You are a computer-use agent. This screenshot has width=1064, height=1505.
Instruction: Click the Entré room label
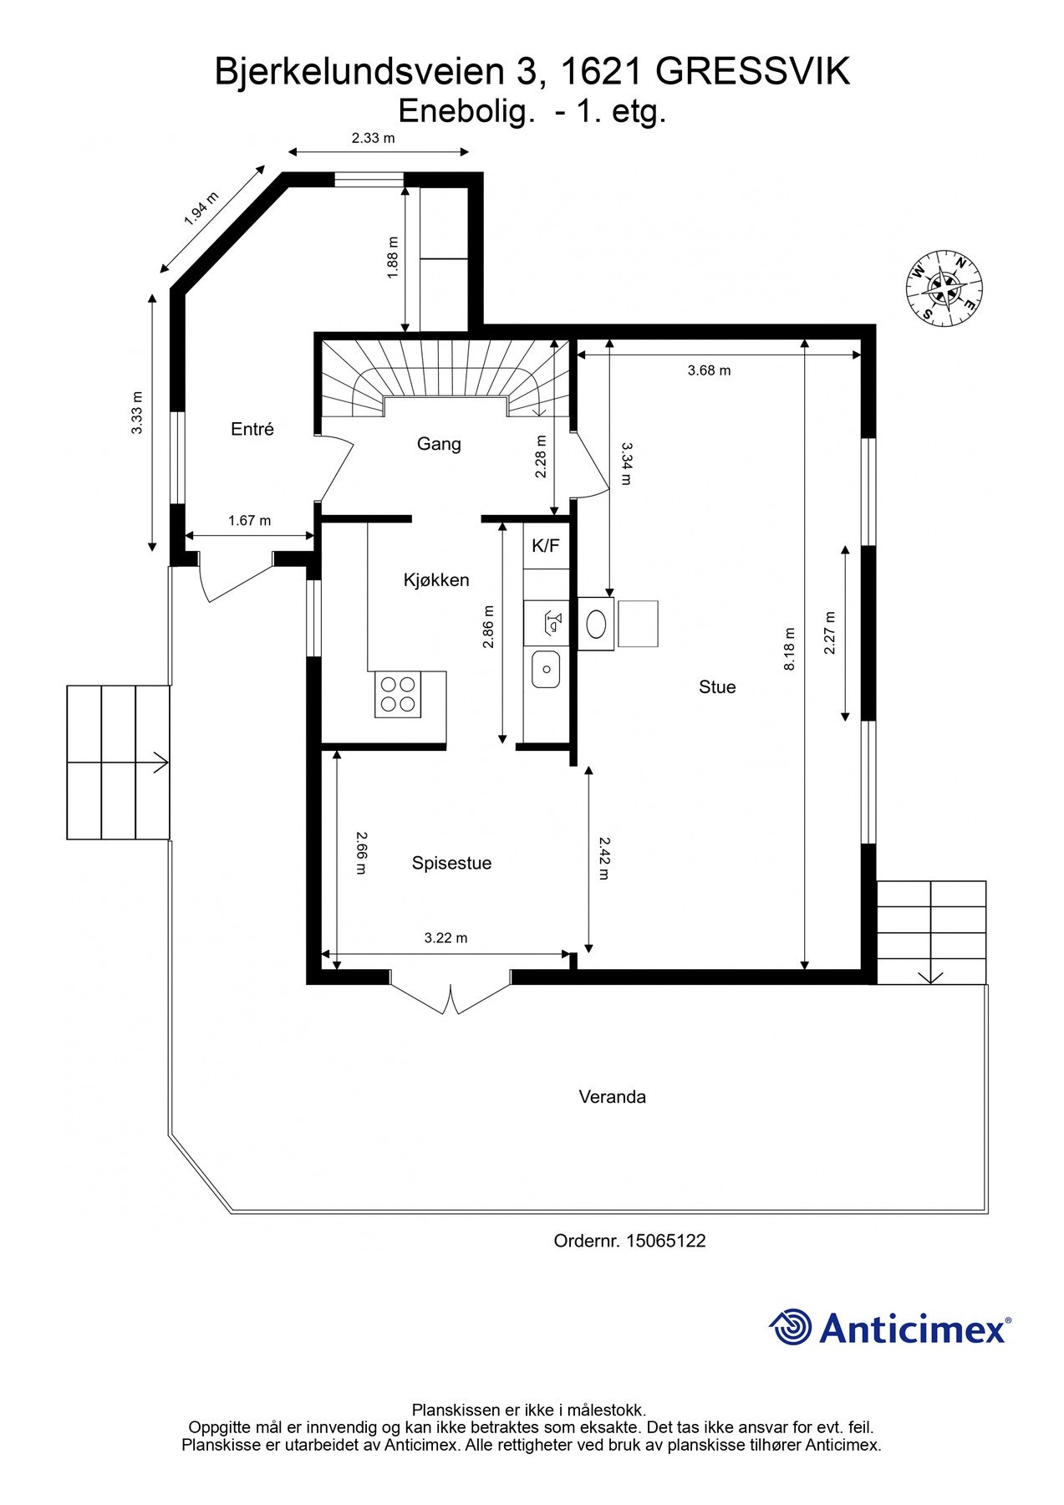pos(252,429)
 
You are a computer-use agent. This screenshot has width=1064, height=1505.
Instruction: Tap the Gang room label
pos(439,444)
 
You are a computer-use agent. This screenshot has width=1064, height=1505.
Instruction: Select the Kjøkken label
pos(435,580)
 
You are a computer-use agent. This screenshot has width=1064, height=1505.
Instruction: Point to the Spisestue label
pos(451,863)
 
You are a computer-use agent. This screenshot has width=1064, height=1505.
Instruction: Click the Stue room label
pos(717,687)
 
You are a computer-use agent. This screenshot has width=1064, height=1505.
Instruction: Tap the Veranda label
pos(612,1097)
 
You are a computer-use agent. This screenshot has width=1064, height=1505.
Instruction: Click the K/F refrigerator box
pos(546,546)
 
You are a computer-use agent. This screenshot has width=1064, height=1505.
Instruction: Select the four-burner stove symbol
pos(398,694)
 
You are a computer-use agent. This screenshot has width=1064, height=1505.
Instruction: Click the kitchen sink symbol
pos(546,669)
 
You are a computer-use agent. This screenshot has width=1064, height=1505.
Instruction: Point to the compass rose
pos(944,289)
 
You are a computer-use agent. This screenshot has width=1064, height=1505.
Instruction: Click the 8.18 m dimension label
pos(790,649)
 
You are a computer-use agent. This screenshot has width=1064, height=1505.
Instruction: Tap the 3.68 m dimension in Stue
pos(709,370)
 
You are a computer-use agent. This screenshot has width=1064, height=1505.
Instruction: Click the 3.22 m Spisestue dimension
pos(445,938)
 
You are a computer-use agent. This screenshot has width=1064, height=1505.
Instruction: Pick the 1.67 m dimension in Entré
pos(249,521)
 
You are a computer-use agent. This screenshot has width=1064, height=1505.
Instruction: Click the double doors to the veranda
pos(451,997)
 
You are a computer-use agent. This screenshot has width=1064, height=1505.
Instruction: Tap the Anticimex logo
pos(889,1327)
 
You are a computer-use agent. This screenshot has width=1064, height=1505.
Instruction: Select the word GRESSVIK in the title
pos(752,72)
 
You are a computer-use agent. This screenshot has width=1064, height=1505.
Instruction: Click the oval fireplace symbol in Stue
pos(597,624)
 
